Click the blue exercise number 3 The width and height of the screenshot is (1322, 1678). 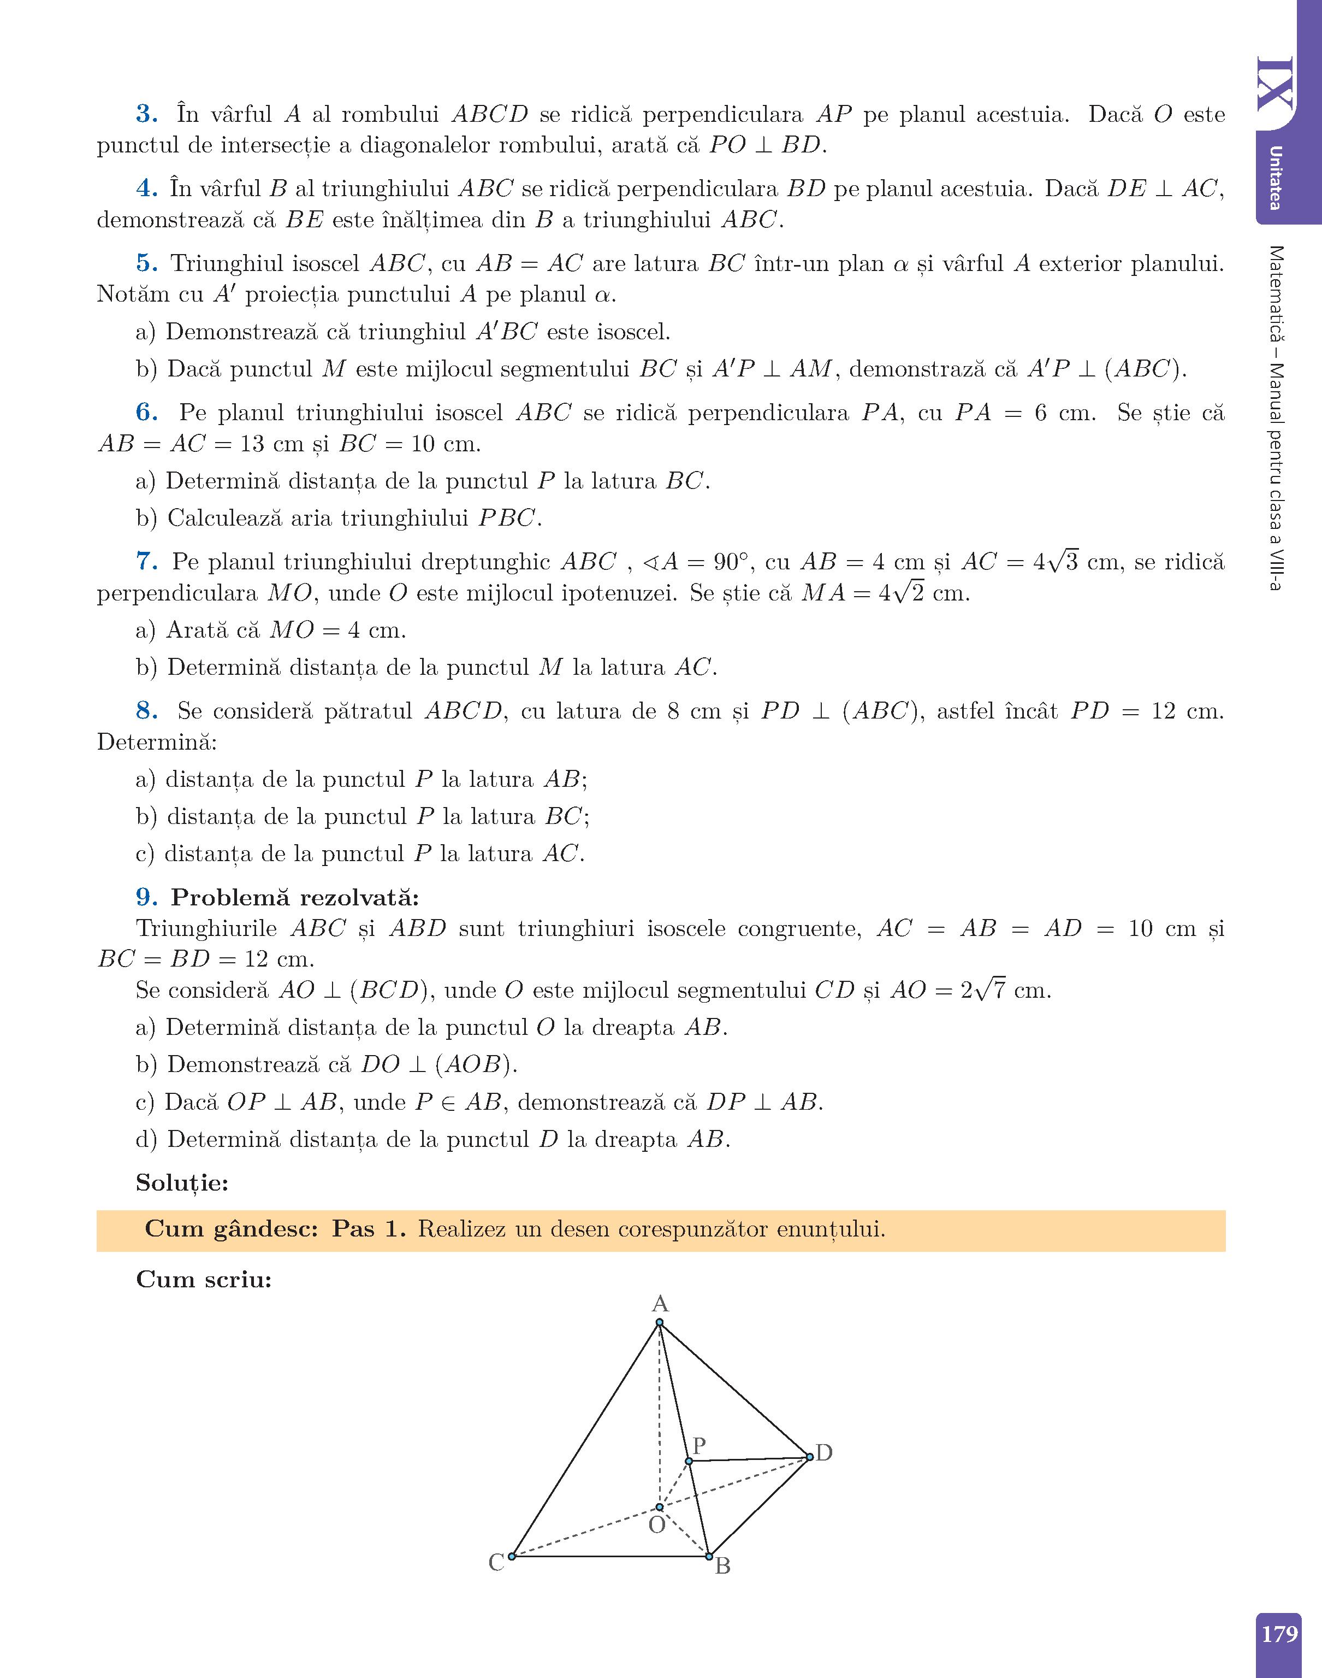coord(146,115)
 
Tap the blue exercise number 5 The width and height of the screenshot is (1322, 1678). coord(146,263)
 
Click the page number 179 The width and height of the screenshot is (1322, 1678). coord(1279,1634)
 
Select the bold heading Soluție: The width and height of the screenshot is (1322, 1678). coord(182,1182)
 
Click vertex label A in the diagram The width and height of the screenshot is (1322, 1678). coord(660,1303)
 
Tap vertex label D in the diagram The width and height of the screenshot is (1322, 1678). coord(825,1453)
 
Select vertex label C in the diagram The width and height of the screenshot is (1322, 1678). coord(496,1563)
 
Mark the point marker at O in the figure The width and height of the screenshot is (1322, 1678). coord(660,1507)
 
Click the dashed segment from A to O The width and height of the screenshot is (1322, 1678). coord(660,1417)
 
